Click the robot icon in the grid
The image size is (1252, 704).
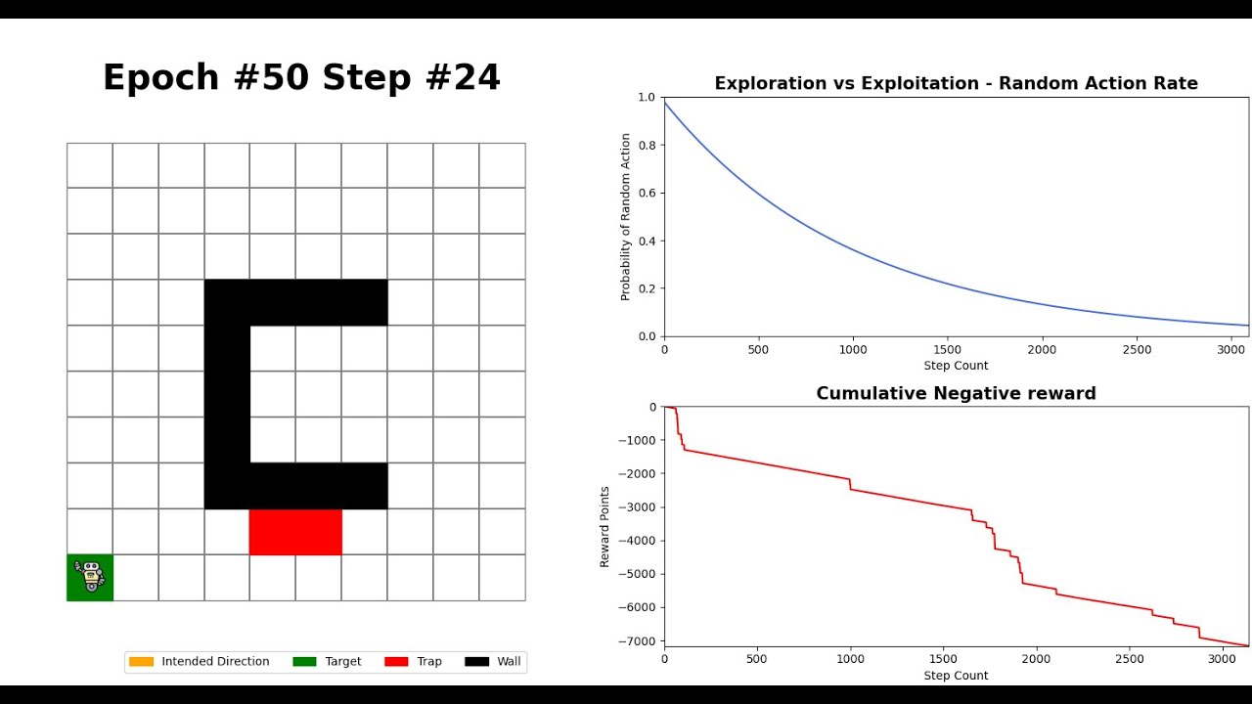(x=89, y=576)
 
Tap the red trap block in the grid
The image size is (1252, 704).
(x=295, y=532)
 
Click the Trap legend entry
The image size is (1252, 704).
(x=413, y=662)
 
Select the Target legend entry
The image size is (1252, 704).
(x=327, y=662)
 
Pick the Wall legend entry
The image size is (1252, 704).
(x=492, y=662)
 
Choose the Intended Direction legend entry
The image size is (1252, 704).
(x=199, y=662)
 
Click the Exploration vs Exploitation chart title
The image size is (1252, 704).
(x=956, y=83)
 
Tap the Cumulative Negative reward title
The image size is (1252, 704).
(x=956, y=393)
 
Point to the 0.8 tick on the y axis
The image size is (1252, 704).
(x=647, y=146)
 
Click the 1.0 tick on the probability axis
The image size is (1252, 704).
(x=647, y=97)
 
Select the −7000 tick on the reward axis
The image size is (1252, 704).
(x=637, y=640)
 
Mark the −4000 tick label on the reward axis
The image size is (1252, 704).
(x=637, y=541)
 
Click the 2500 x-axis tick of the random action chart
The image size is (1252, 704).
(x=1137, y=350)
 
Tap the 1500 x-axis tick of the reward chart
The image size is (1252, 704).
(x=943, y=659)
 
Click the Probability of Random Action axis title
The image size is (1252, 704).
(x=625, y=217)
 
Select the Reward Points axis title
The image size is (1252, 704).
(x=604, y=527)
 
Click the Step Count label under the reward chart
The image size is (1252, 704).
(x=956, y=676)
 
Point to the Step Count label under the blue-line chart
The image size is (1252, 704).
(x=956, y=366)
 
